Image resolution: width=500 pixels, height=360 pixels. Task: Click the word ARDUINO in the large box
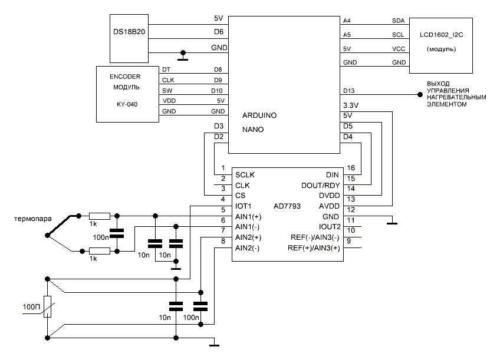pyautogui.click(x=259, y=116)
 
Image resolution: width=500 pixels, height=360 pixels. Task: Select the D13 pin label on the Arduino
pyautogui.click(x=348, y=90)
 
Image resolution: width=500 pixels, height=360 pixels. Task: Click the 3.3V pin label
pyautogui.click(x=351, y=105)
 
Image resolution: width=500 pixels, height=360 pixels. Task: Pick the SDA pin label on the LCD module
pyautogui.click(x=398, y=20)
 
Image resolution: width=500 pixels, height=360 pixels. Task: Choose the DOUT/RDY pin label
pyautogui.click(x=317, y=186)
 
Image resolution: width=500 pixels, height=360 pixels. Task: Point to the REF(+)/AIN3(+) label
pyautogui.click(x=314, y=248)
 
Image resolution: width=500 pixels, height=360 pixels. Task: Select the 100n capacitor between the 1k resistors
pyautogui.click(x=117, y=232)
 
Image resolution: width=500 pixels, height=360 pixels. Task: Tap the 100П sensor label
pyautogui.click(x=31, y=307)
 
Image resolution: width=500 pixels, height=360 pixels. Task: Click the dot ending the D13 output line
pyautogui.click(x=420, y=94)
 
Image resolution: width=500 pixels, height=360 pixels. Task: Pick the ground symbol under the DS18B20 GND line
pyautogui.click(x=183, y=58)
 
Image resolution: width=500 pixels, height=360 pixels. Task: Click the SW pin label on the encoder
pyautogui.click(x=167, y=90)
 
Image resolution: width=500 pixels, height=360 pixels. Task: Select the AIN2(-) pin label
pyautogui.click(x=247, y=248)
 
